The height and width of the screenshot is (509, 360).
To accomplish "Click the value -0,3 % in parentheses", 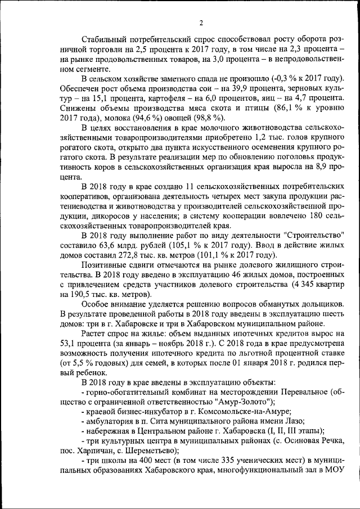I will pos(268,79).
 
